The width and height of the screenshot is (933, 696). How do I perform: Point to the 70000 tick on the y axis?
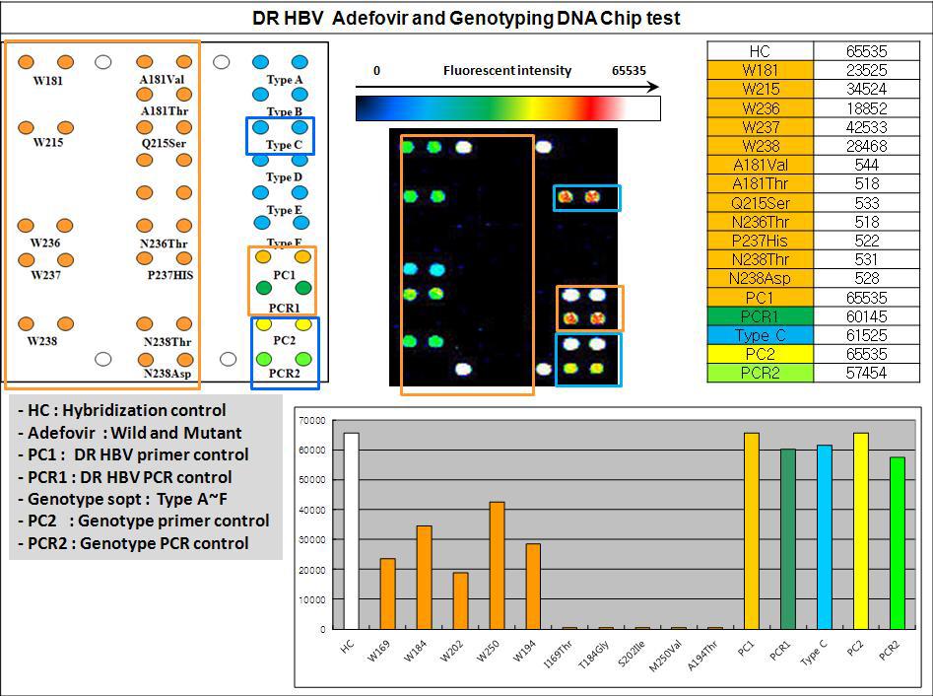pos(312,421)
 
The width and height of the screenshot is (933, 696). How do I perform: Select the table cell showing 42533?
pos(855,126)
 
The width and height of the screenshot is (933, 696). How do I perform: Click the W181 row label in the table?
pos(760,70)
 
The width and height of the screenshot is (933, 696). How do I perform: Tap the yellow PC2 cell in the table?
pos(760,354)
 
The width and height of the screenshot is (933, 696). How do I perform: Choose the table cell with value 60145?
pos(855,315)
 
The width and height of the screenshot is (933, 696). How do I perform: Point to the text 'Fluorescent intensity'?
pos(506,71)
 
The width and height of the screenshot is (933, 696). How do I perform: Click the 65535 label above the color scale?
pos(629,71)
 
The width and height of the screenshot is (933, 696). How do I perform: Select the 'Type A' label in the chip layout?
pos(285,80)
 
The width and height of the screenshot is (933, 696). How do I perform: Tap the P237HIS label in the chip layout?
pos(169,275)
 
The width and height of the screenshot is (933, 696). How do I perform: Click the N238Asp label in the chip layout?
pos(169,375)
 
